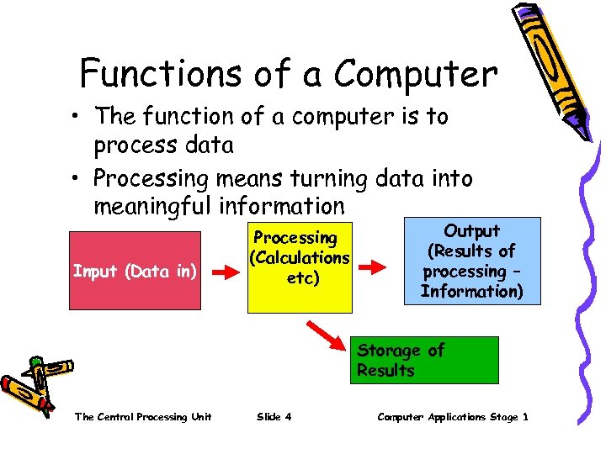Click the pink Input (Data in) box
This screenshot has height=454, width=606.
coord(135,271)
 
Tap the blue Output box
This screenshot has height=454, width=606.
coord(472,260)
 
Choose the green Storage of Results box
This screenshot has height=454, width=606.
coord(424,360)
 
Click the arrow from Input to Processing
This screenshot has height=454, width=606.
coord(225,272)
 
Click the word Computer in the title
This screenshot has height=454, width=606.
coord(415,74)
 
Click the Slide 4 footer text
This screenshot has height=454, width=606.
coord(274,417)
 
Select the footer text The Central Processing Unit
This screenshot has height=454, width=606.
coord(143,417)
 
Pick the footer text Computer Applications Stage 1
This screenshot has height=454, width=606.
coord(453,417)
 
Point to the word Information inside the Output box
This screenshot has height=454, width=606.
coord(471,292)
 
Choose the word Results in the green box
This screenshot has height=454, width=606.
coord(385,371)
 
